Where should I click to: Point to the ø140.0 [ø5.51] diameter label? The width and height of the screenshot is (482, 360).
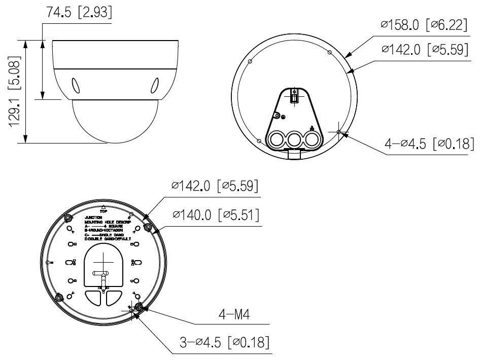pos(216,215)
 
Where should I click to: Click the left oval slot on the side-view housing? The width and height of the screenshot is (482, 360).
pos(76,85)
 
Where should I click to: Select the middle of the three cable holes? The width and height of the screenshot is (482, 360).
pos(294,138)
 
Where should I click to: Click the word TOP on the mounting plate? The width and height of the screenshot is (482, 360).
pos(103,211)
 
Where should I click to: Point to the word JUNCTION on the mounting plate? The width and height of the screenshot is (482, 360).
pos(94,217)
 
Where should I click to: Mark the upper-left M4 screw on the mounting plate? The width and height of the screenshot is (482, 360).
pos(68,218)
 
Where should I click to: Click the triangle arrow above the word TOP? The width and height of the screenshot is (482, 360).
pos(103,206)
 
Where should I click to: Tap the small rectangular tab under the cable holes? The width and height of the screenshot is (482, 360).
pos(294,153)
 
